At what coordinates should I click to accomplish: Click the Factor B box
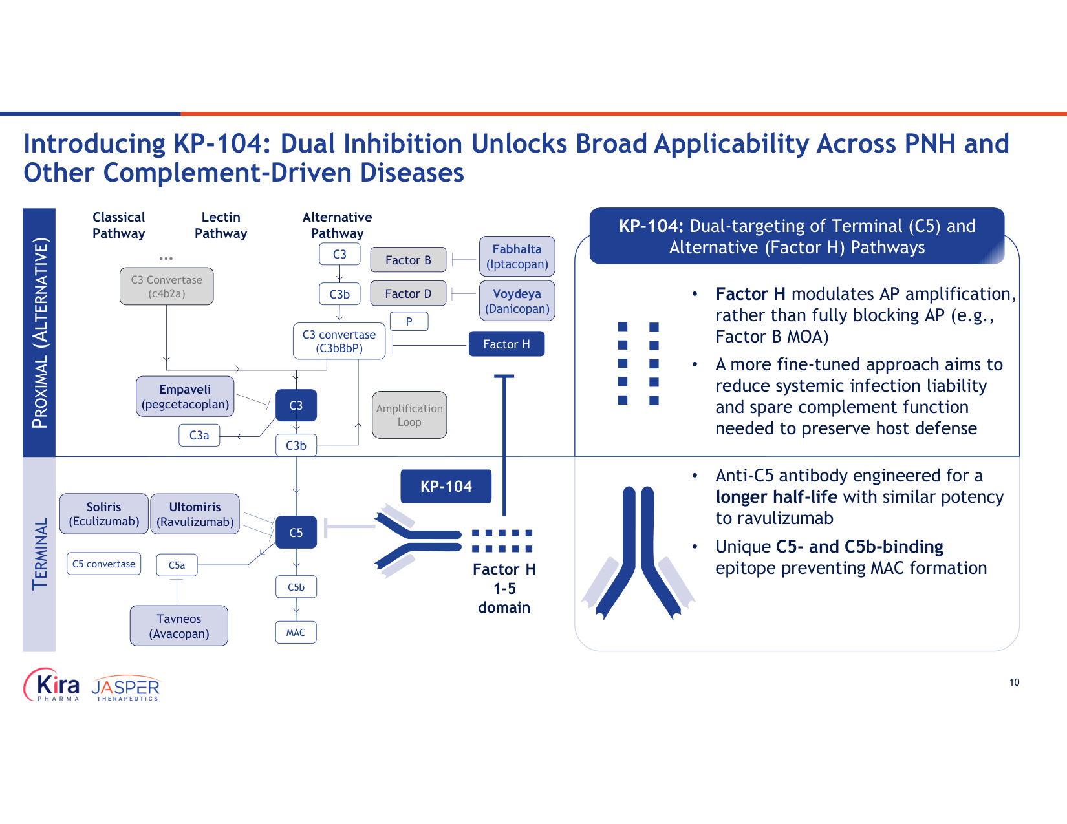[x=408, y=260]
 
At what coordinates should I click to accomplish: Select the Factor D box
[x=408, y=293]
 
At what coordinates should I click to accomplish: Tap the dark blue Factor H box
[x=506, y=344]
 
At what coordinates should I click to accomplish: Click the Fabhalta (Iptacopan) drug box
[x=517, y=256]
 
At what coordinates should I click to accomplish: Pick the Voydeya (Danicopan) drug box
[x=517, y=301]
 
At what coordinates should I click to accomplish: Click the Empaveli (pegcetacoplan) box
[x=185, y=397]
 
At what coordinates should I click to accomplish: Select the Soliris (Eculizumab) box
[x=103, y=514]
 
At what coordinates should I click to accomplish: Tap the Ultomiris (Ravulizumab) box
[x=195, y=514]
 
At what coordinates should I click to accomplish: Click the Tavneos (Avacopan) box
[x=178, y=626]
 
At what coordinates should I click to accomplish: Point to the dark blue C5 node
[x=296, y=533]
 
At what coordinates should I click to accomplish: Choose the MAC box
[x=296, y=633]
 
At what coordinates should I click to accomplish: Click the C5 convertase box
[x=103, y=564]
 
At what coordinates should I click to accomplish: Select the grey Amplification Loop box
[x=409, y=415]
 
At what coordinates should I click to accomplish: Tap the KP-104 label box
[x=446, y=487]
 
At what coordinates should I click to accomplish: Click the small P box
[x=409, y=321]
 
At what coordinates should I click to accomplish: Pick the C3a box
[x=199, y=436]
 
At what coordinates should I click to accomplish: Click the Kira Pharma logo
[x=51, y=684]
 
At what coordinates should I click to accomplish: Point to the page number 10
[x=1014, y=682]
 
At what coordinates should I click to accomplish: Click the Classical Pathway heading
[x=119, y=226]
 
